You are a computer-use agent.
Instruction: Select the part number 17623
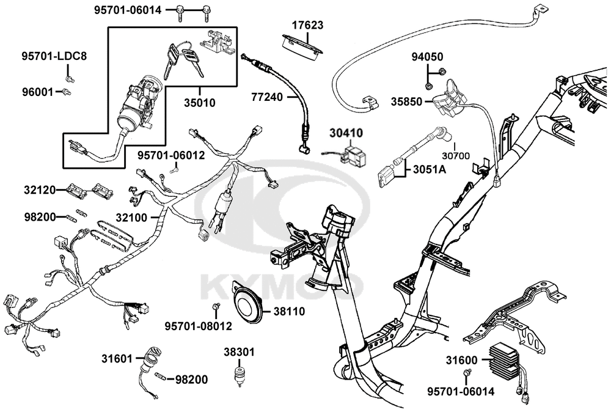coord(307,26)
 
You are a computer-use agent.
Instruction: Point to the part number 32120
coord(40,190)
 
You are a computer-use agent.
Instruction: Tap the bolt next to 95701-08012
coord(215,306)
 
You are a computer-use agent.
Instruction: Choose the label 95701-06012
coord(170,156)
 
